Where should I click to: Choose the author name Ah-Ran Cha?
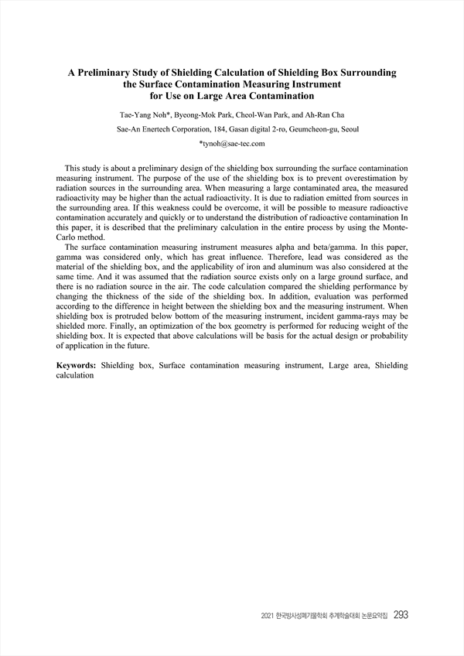click(x=331, y=115)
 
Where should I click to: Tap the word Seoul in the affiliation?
click(x=348, y=129)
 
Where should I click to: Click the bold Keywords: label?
click(x=78, y=364)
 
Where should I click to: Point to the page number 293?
click(x=401, y=615)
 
